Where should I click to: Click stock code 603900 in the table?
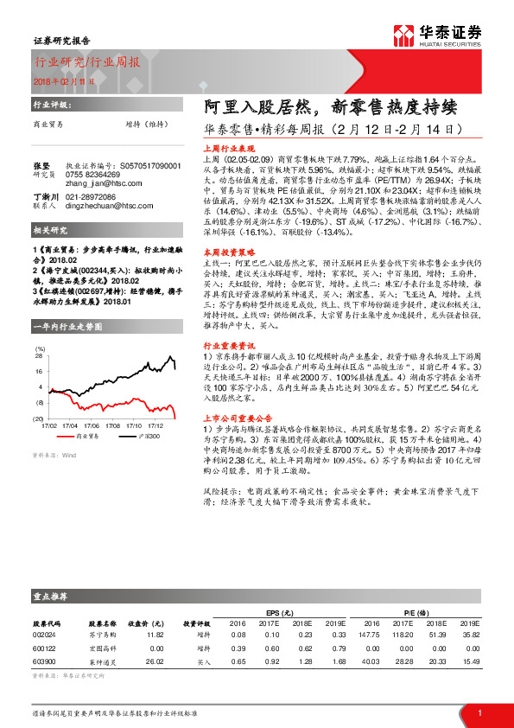click(43, 661)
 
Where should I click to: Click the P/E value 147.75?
click(371, 633)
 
